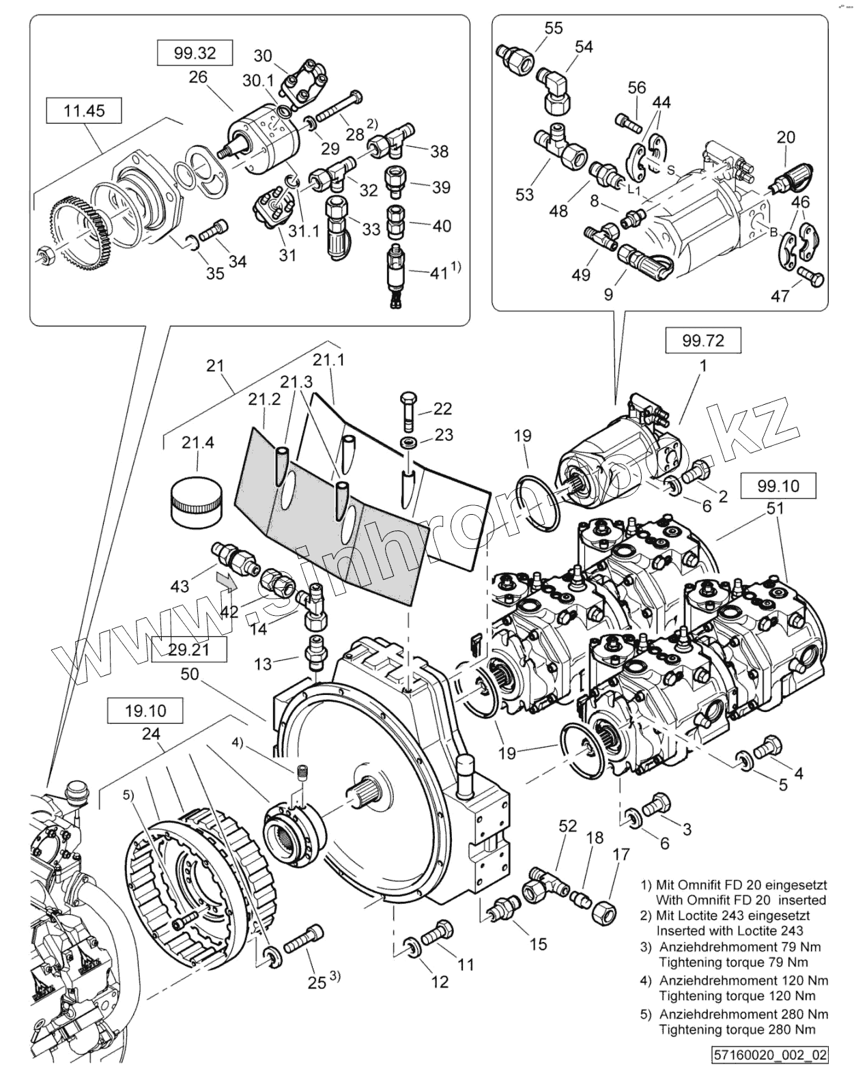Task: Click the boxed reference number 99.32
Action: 195,53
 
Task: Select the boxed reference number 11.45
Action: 84,111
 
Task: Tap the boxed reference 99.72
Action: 703,341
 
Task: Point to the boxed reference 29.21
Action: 188,649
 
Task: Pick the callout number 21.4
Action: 198,442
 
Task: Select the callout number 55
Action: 554,27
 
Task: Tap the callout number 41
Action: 438,274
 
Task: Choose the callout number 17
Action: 621,854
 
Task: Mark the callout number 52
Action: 568,825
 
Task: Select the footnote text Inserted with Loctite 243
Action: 730,930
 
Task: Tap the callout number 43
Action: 180,586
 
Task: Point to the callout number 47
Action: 780,296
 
